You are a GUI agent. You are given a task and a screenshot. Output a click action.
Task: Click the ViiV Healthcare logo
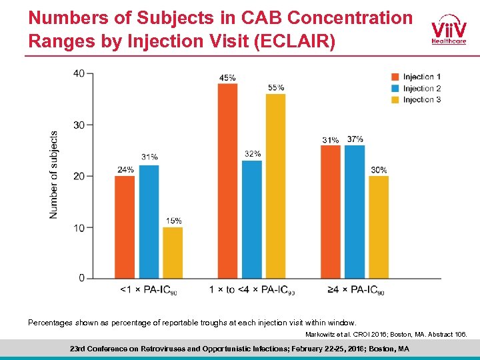coord(449,31)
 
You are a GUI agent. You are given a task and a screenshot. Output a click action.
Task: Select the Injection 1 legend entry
coord(415,77)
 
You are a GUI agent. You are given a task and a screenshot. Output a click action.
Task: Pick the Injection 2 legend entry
coord(415,89)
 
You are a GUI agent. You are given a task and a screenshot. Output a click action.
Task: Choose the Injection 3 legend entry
coord(415,100)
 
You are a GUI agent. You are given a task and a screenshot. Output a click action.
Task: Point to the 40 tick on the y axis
coord(79,73)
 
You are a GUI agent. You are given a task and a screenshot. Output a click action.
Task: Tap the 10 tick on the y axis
coord(79,227)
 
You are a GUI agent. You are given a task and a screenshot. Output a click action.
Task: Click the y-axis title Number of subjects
coord(53,174)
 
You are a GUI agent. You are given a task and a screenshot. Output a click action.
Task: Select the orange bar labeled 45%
coord(227,181)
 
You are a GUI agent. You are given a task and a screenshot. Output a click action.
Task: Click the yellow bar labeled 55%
coord(275,186)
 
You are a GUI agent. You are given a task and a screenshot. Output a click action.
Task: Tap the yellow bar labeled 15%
coord(173,253)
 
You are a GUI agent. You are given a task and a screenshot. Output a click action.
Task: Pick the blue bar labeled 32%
coord(251,219)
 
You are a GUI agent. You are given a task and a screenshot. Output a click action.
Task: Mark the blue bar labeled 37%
coord(355,211)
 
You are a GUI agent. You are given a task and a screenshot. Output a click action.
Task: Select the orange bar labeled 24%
coord(125,227)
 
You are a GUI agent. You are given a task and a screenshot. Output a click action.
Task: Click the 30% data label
coord(379,170)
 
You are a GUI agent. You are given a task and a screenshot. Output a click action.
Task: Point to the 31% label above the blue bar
coord(149,157)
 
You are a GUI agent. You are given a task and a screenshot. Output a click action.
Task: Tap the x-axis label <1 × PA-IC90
coord(148,290)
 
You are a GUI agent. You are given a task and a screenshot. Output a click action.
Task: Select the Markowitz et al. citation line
coord(386,333)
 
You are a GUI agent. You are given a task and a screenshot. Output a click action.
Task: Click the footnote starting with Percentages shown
coord(192,322)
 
